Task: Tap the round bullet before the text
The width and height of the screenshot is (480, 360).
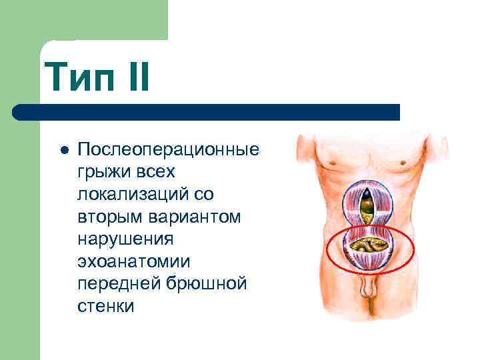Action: click(x=63, y=149)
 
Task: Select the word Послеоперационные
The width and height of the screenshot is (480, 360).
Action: click(x=168, y=149)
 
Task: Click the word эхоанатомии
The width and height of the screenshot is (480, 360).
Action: click(x=133, y=262)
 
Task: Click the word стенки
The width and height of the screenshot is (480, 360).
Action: click(x=105, y=307)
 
